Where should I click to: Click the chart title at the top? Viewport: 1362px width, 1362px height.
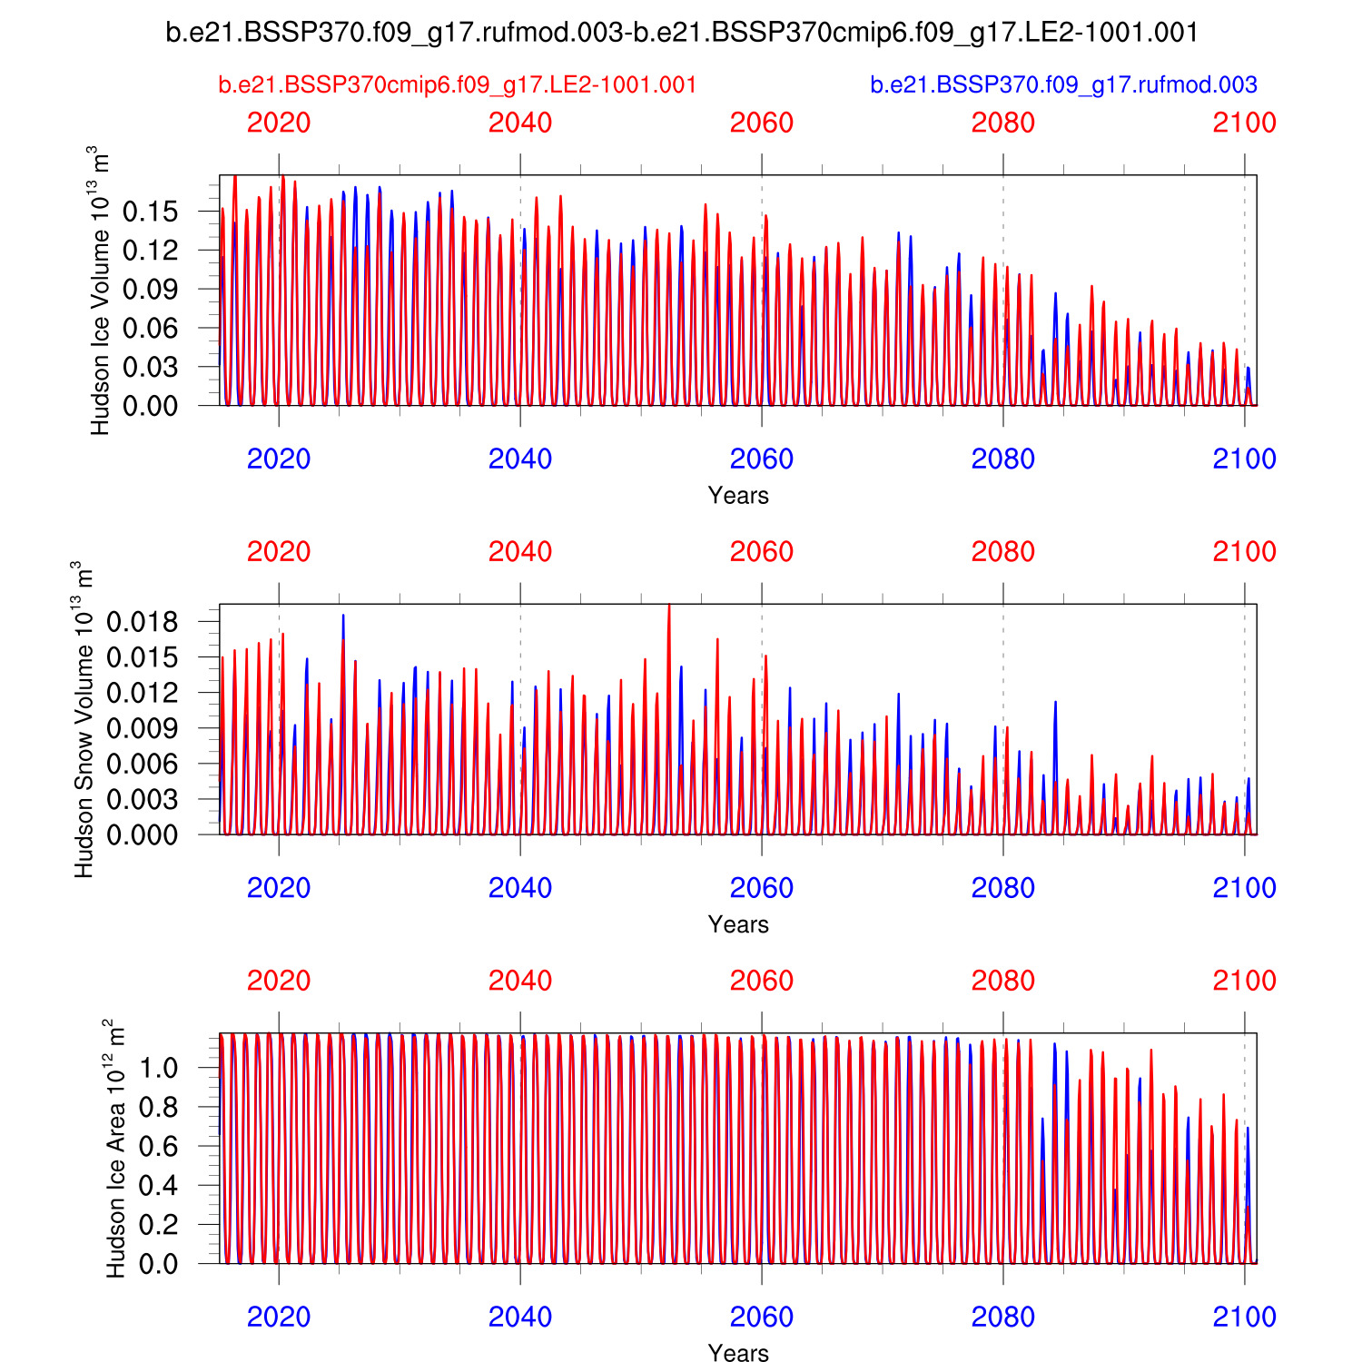[682, 33]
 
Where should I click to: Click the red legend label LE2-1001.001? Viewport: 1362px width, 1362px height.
[458, 85]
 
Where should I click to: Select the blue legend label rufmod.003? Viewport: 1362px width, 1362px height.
[1063, 85]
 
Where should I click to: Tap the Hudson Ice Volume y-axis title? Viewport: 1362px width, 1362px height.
[101, 291]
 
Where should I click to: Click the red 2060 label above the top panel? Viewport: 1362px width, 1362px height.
[762, 123]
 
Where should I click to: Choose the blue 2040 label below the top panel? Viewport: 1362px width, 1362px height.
[520, 459]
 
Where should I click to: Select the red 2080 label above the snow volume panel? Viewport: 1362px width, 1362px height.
[1003, 552]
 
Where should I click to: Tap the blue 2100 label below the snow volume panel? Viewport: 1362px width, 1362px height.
[1245, 888]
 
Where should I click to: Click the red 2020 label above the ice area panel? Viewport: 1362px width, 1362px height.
[279, 982]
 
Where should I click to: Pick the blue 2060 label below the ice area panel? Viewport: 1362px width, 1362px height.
[762, 1318]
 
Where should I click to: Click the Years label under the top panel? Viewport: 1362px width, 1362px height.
[738, 496]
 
